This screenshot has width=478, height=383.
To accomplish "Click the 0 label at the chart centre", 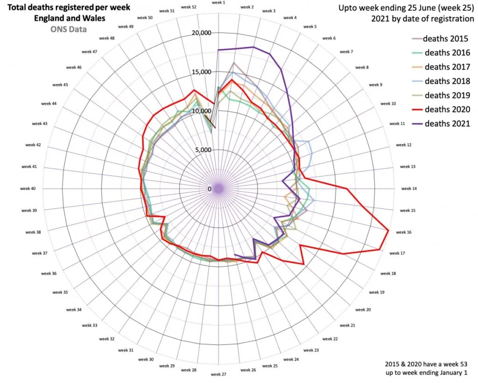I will [x=210, y=189].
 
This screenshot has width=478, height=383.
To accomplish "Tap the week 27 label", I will [x=218, y=374].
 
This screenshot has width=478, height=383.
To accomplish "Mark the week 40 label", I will [x=28, y=188].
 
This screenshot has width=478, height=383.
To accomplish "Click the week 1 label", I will [x=218, y=3].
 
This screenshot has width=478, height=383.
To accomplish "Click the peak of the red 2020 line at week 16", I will [x=388, y=230].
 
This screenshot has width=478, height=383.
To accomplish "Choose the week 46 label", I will [x=74, y=67].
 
